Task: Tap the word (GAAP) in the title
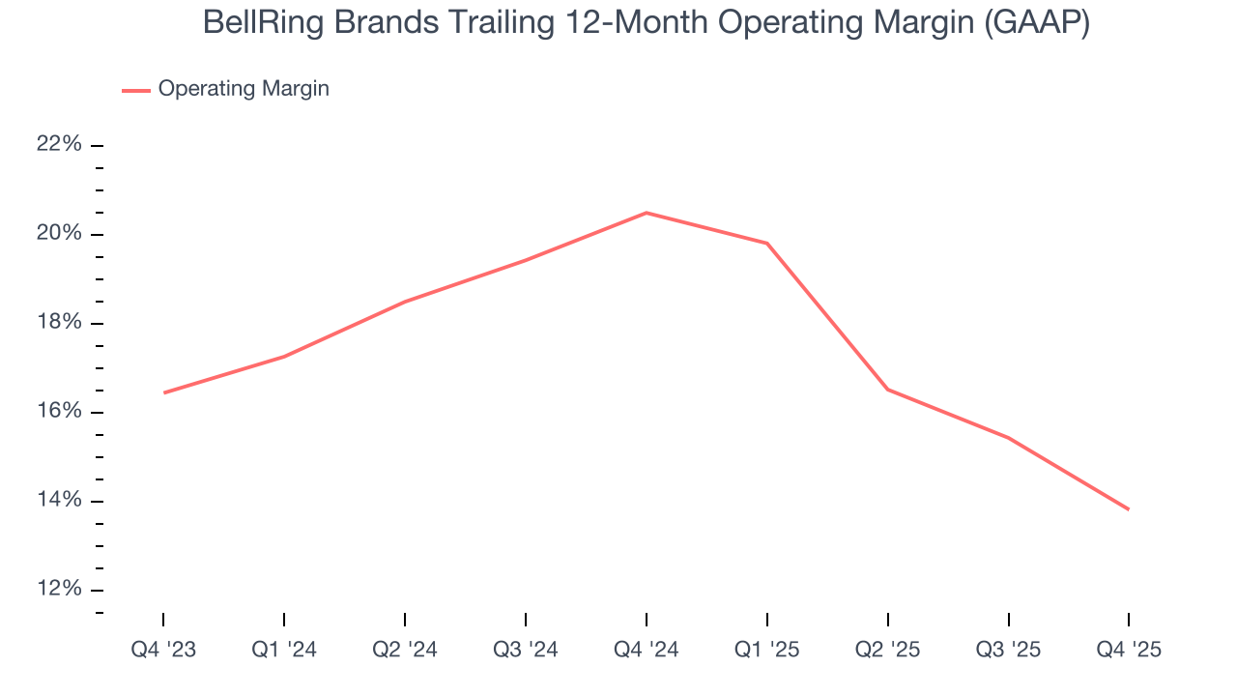click(x=1037, y=23)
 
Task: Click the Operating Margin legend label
click(x=244, y=89)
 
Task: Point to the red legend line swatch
click(x=135, y=90)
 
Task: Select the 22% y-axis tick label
click(x=59, y=145)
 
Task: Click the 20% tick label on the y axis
click(x=59, y=234)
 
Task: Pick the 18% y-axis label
click(x=59, y=323)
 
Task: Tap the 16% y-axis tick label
click(x=59, y=412)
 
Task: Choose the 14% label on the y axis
click(x=59, y=501)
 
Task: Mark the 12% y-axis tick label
click(x=59, y=590)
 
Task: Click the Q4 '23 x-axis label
click(x=163, y=650)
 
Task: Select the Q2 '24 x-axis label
click(x=405, y=650)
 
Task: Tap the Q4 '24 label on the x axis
click(x=647, y=650)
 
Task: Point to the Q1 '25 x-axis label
click(x=767, y=650)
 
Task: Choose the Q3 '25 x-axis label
click(x=1009, y=650)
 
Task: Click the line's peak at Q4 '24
click(x=647, y=213)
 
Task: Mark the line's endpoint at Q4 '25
click(x=1129, y=509)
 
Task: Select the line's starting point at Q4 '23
click(x=164, y=392)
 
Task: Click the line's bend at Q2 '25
click(x=888, y=390)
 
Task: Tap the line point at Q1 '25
click(x=767, y=244)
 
